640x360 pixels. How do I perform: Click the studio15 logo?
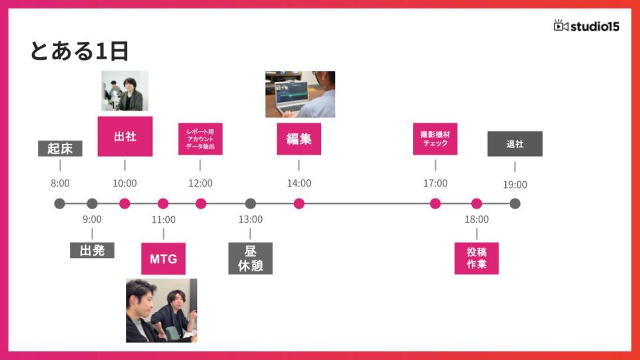tap(586, 26)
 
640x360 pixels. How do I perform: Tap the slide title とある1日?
tap(79, 51)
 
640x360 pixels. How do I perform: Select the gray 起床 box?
tap(60, 148)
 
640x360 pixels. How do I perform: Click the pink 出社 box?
tap(125, 136)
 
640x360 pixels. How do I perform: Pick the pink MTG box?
tap(163, 259)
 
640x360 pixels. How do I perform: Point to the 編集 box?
tap(299, 139)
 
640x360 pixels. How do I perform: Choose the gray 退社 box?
tap(515, 144)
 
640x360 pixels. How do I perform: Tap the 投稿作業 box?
tap(476, 258)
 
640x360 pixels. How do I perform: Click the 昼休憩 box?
tap(250, 258)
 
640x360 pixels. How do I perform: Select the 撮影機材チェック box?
tap(435, 139)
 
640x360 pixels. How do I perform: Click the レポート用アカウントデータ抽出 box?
tap(200, 139)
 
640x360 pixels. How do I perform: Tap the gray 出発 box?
tap(92, 250)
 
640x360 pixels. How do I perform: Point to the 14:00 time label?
tap(299, 183)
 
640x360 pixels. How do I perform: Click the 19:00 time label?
tap(515, 184)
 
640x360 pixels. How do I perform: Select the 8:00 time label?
tap(60, 183)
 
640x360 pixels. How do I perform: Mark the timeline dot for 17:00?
tap(435, 204)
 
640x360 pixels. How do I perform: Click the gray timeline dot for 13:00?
tap(250, 204)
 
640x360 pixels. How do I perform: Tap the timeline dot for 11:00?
tap(163, 204)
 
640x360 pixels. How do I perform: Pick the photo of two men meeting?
tap(161, 310)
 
